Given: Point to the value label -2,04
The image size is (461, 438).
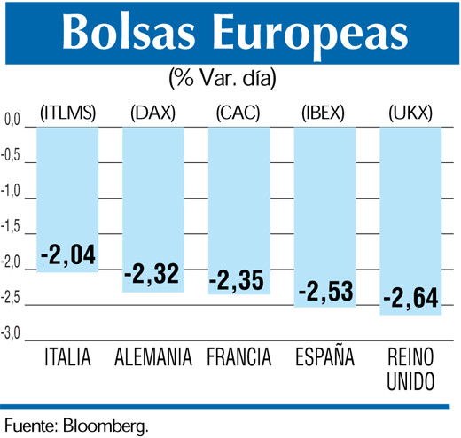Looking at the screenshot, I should [x=67, y=257].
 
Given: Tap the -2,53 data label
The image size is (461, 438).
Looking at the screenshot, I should [x=326, y=291].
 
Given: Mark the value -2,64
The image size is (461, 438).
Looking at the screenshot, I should [x=410, y=297].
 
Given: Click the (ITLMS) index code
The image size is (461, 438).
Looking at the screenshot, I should [x=67, y=112].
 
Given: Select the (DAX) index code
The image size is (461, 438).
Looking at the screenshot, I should [x=152, y=112].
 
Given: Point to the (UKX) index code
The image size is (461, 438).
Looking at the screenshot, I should [x=411, y=112].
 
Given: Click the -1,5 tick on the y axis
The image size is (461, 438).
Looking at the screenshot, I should [x=12, y=227].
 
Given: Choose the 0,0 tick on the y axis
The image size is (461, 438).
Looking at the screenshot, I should [x=12, y=119].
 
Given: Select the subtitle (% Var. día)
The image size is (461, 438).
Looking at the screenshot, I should [x=222, y=78].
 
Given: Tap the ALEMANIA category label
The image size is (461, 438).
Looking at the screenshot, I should [x=153, y=359].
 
